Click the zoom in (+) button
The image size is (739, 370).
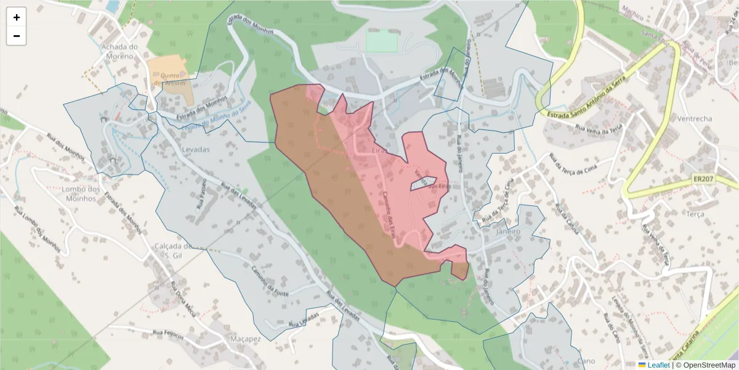click(x=17, y=17)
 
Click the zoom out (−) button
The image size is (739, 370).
click(x=17, y=36)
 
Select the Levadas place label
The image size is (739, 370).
click(x=196, y=150)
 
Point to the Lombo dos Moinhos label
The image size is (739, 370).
click(x=81, y=194)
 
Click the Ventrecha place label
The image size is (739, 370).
click(x=694, y=118)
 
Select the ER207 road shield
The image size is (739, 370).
click(x=703, y=178)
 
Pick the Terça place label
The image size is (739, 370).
click(x=695, y=213)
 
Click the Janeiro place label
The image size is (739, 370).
click(x=508, y=231)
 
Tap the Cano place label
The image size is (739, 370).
click(x=586, y=361)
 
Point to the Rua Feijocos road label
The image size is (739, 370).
click(x=165, y=333)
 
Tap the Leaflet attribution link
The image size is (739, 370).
click(x=658, y=365)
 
